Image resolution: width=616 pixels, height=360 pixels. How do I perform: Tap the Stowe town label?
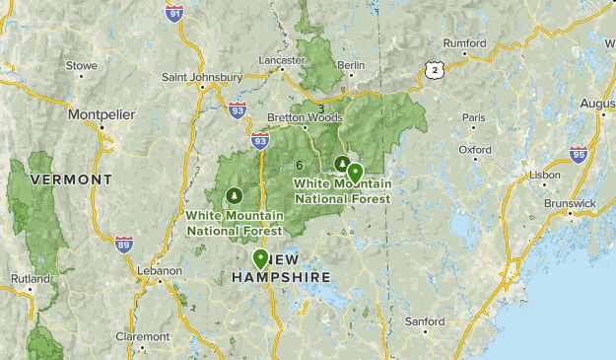coord(81,66)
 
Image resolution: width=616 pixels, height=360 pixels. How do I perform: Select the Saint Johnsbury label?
coord(201,77)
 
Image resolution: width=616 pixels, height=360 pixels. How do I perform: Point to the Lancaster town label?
coord(281,59)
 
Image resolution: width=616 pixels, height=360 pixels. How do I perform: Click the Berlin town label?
coord(350,65)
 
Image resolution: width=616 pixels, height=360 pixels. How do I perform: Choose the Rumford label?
coord(464,43)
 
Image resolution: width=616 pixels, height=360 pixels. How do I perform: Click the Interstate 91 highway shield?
coord(173,13)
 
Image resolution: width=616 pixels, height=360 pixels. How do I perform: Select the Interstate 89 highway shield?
coord(123,243)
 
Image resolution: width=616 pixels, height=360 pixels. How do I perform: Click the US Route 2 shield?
coord(434,69)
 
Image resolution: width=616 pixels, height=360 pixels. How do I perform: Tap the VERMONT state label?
coord(71,180)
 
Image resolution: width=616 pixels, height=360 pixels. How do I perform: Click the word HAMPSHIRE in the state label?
coord(281,278)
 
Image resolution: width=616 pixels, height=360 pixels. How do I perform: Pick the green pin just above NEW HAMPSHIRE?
coord(260,258)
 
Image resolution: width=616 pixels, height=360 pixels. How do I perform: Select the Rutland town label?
coord(30,278)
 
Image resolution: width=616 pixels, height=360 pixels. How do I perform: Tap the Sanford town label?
coord(424,321)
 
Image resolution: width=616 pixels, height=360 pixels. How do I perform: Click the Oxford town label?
coord(475,150)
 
